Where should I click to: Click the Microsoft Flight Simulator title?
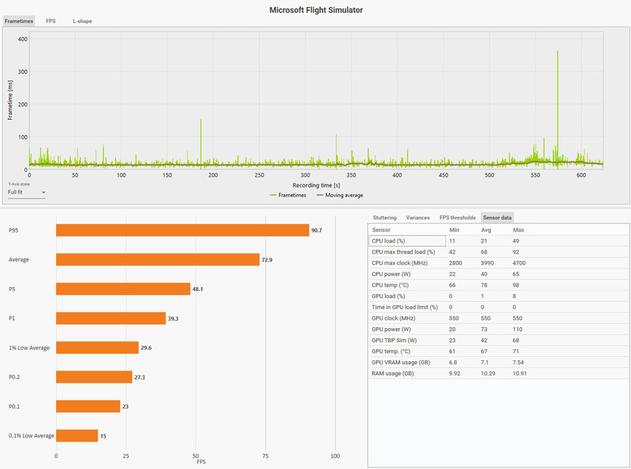click(x=315, y=9)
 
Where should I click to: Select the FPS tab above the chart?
click(x=50, y=21)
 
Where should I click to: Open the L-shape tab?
click(x=82, y=21)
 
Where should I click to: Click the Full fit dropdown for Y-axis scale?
click(x=26, y=192)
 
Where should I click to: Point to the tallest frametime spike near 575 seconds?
click(x=558, y=52)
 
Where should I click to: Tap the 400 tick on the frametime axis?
click(x=23, y=39)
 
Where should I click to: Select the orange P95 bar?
click(x=182, y=230)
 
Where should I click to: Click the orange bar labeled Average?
click(x=158, y=259)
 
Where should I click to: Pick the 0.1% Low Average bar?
click(x=77, y=435)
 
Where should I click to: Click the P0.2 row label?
click(x=15, y=377)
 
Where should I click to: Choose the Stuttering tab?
click(x=385, y=217)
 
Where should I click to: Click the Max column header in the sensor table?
click(x=518, y=229)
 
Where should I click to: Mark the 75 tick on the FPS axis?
click(x=266, y=456)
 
